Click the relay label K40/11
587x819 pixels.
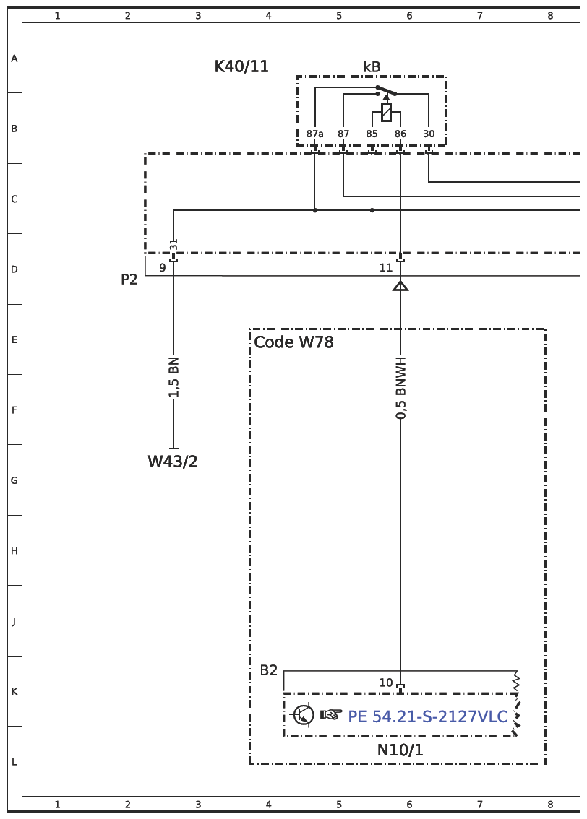click(241, 67)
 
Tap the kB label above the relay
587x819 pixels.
click(372, 67)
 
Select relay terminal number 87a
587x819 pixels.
click(314, 134)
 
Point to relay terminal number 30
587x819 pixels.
click(429, 134)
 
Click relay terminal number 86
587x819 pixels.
click(400, 134)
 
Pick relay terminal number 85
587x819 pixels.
click(372, 134)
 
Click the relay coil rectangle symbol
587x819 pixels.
click(386, 112)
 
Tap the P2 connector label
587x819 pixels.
click(129, 279)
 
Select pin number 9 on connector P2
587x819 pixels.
click(163, 267)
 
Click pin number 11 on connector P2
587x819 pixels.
click(386, 267)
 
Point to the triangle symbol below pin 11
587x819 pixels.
click(400, 286)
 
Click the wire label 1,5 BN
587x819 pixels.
click(174, 377)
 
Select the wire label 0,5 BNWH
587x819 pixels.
click(401, 388)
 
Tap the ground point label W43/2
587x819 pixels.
click(173, 461)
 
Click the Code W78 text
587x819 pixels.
click(293, 342)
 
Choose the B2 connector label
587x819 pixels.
click(269, 670)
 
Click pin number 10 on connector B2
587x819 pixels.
click(386, 682)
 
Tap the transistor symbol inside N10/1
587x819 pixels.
click(303, 714)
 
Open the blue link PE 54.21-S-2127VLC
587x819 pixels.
click(427, 716)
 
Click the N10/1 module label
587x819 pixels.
click(400, 750)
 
